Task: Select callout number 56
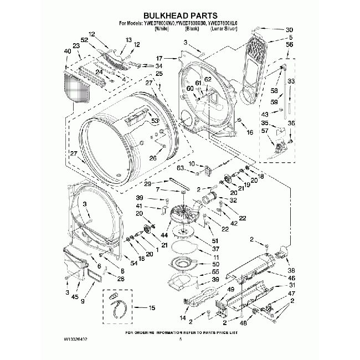point(290,45)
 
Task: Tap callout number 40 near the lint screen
point(67,51)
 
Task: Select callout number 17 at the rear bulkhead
point(159,58)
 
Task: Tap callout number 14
point(183,318)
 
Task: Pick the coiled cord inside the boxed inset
point(119,306)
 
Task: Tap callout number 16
point(250,132)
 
